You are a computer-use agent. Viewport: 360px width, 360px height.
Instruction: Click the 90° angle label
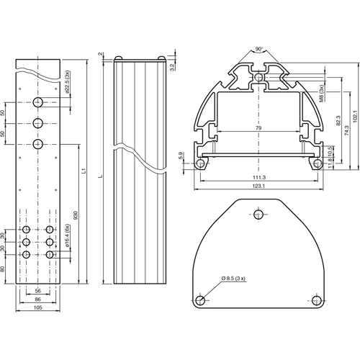point(259,50)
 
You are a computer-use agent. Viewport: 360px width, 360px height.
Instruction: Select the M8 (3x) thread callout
point(322,92)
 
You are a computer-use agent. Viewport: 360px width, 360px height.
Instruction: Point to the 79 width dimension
point(258,128)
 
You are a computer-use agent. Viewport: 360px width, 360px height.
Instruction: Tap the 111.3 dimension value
point(259,177)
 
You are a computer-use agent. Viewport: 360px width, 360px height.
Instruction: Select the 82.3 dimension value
point(338,123)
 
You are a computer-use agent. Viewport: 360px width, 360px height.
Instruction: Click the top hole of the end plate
point(259,214)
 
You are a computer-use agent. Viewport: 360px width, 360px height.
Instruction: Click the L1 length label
point(85,172)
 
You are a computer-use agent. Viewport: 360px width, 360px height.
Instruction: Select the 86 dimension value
point(37,299)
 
